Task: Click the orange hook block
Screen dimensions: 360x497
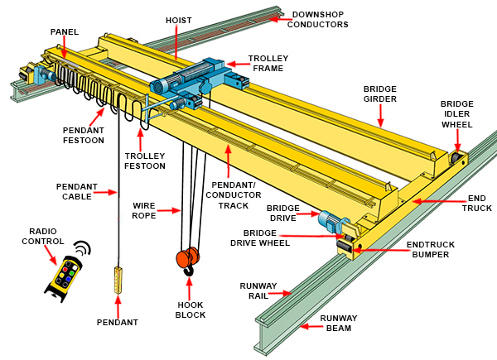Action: click(x=188, y=259)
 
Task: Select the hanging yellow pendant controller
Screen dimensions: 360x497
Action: click(x=117, y=281)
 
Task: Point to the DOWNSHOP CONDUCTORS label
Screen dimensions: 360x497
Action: click(x=317, y=19)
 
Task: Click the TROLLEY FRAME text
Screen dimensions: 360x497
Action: click(x=268, y=64)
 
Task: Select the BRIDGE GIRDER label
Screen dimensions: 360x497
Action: click(x=380, y=93)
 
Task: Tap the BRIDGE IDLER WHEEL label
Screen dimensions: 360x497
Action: click(x=456, y=114)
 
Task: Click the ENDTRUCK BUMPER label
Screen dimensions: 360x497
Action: click(x=427, y=250)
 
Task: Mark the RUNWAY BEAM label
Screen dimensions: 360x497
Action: click(x=339, y=323)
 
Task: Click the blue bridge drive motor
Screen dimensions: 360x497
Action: click(x=331, y=221)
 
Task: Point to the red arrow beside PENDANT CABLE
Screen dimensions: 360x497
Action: click(x=103, y=192)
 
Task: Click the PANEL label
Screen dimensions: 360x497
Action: click(x=64, y=32)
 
